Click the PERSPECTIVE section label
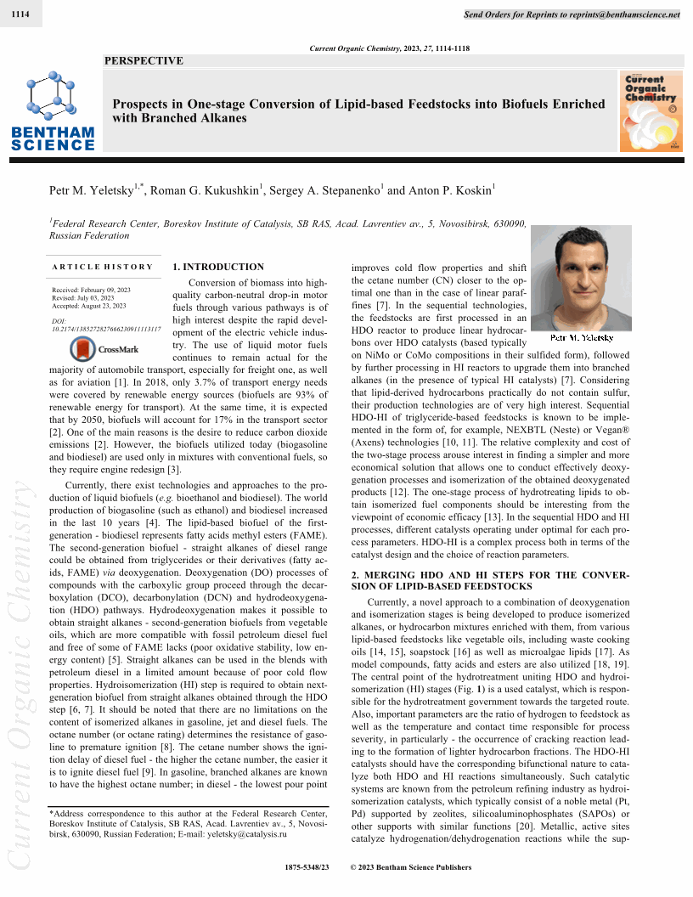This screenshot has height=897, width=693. tap(143, 61)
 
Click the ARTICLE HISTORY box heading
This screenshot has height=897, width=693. tap(103, 267)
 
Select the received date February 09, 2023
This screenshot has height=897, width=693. tap(91, 291)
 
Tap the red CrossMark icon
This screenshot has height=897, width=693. tap(82, 348)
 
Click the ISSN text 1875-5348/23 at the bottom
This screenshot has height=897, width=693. tap(308, 867)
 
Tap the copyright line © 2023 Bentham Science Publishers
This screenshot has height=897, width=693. tap(410, 867)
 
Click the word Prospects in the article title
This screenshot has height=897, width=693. tap(142, 104)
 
